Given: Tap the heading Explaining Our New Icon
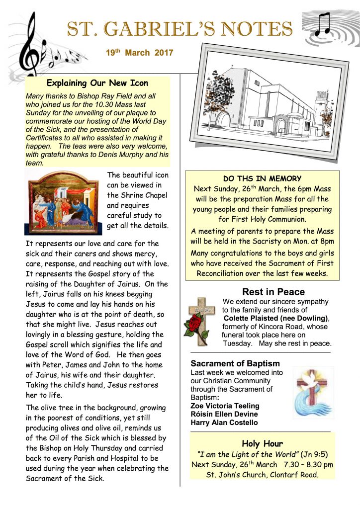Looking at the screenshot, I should coord(97,83).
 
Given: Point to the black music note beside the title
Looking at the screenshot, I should coord(323,24).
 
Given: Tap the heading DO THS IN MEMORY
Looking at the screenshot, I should coord(262,178).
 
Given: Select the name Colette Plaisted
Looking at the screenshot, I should coord(250,318).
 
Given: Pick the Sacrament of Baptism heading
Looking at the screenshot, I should coord(235,363).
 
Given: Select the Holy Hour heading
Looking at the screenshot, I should coord(262,443).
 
